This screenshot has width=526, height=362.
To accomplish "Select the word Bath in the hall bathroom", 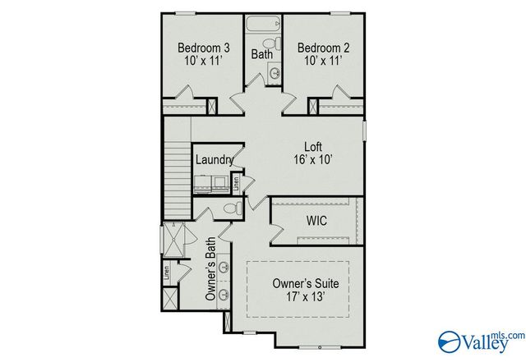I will click(261, 55).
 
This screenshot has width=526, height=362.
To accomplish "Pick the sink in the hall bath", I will click(274, 74).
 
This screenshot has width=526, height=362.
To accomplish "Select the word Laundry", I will click(214, 160).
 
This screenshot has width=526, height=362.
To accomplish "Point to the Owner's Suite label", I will click(305, 284).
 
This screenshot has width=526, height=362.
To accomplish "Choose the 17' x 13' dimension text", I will click(305, 299).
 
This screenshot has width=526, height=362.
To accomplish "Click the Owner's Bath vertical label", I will click(210, 269).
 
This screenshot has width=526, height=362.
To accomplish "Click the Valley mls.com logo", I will click(480, 339).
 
